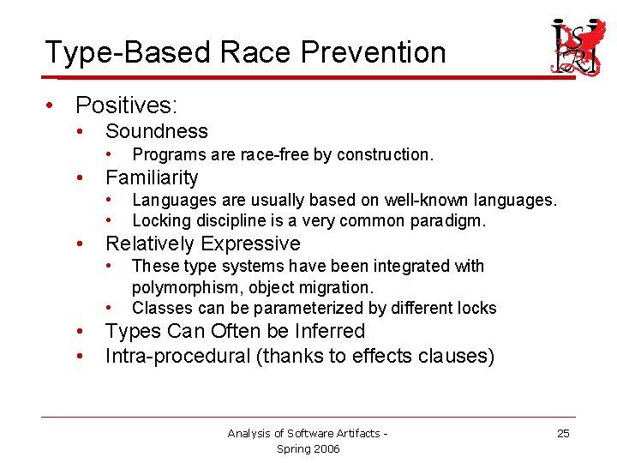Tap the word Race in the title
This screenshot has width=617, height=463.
point(249,52)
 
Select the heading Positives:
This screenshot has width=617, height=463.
point(126,105)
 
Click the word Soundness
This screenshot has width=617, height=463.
point(156,131)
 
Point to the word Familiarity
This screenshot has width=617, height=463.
point(151,177)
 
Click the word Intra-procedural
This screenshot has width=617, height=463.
point(177,355)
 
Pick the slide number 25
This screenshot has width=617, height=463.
point(563,433)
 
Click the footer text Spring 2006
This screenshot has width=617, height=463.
point(308,448)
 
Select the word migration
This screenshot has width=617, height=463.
point(340,287)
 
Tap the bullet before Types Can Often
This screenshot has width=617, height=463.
point(79,331)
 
